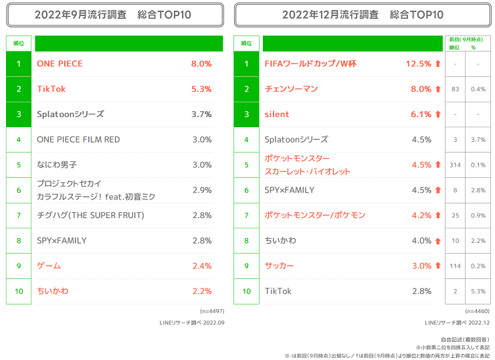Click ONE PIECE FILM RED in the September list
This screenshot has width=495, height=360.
pyautogui.click(x=78, y=140)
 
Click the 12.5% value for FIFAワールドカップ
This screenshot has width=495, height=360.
pyautogui.click(x=418, y=64)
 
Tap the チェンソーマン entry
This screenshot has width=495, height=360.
pyautogui.click(x=291, y=89)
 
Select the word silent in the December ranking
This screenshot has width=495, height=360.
pyautogui.click(x=277, y=114)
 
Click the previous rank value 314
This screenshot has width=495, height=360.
pyautogui.click(x=455, y=165)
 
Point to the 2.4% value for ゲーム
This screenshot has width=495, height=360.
pyautogui.click(x=201, y=266)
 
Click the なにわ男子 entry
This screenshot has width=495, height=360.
pyautogui.click(x=57, y=165)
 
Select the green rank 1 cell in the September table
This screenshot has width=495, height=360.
pyautogui.click(x=19, y=64)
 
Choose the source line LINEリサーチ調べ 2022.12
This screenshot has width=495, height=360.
pyautogui.click(x=453, y=323)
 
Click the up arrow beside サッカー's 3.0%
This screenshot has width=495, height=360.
pyautogui.click(x=438, y=266)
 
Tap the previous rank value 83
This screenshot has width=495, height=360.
pyautogui.click(x=455, y=89)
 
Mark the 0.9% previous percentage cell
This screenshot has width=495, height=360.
pyautogui.click(x=478, y=215)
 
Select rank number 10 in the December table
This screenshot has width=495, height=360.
pyautogui.click(x=247, y=291)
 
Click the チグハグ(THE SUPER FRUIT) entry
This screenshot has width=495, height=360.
pyautogui.click(x=90, y=215)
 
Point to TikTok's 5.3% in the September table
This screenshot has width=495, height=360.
pyautogui.click(x=201, y=89)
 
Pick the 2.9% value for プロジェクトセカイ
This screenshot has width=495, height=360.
pyautogui.click(x=201, y=190)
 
